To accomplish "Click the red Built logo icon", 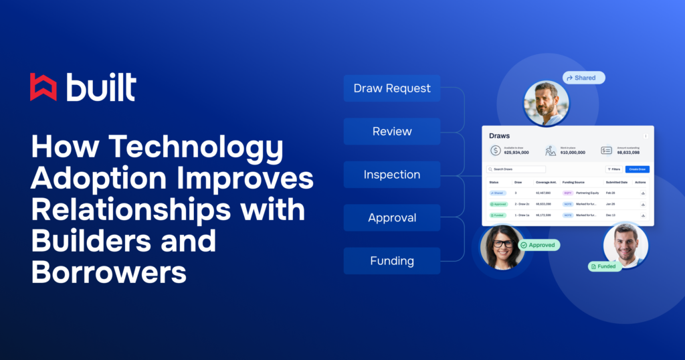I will click(43, 88).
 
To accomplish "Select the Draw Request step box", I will click(392, 88).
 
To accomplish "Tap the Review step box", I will click(392, 131).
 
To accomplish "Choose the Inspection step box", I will click(392, 175).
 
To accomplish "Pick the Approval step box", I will click(392, 217).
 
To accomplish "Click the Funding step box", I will click(392, 261).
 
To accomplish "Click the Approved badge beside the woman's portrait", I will click(539, 245).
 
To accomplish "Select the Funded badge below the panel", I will click(605, 266).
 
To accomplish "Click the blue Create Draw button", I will click(637, 169).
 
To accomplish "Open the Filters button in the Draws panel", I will click(613, 169).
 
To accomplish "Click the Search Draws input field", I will click(516, 169).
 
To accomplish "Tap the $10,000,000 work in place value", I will click(573, 153).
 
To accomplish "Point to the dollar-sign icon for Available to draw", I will click(495, 151).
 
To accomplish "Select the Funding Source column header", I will click(573, 182).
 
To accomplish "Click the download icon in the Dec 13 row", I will click(643, 215).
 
